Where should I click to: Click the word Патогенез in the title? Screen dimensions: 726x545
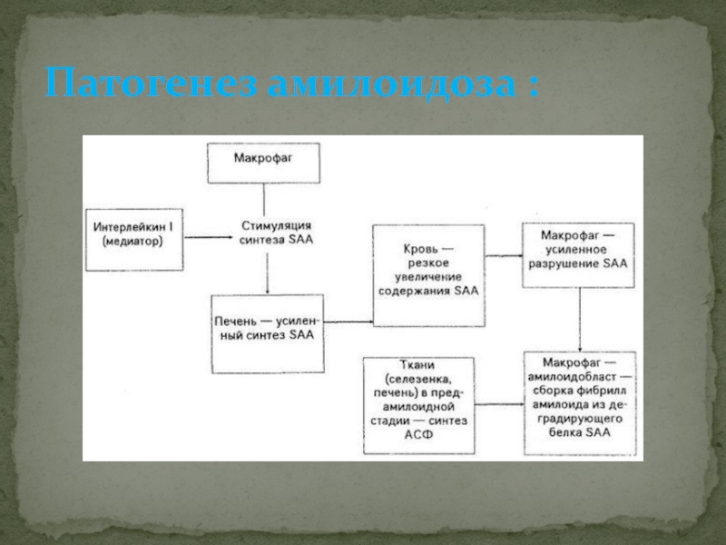(x=151, y=83)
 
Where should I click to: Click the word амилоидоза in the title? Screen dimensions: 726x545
(x=392, y=83)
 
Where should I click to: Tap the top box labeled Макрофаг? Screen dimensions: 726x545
(x=263, y=163)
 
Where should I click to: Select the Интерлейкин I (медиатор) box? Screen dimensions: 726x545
(x=134, y=240)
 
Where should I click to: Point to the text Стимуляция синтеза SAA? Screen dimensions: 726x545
(x=277, y=233)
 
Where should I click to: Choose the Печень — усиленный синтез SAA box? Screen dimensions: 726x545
(x=268, y=333)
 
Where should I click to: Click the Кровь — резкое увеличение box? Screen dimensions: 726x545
(x=428, y=276)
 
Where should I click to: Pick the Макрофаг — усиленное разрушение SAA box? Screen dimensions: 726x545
(x=578, y=255)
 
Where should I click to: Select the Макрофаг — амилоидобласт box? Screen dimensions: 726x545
(x=580, y=403)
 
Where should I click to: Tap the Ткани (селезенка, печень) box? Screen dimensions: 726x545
(x=419, y=405)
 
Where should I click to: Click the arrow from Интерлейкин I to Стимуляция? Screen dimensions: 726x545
(x=208, y=237)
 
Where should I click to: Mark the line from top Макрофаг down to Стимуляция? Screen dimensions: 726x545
(x=264, y=200)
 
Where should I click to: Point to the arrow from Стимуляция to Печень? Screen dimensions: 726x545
(x=267, y=273)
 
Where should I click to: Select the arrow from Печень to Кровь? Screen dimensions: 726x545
(x=348, y=322)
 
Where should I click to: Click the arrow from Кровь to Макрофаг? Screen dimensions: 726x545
(x=504, y=255)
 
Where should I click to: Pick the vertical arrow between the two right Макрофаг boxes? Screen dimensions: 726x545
(x=580, y=320)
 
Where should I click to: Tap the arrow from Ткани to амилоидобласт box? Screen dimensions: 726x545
(x=499, y=404)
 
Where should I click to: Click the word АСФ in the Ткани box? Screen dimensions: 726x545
(x=418, y=435)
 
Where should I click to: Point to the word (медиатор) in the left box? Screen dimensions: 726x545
(x=132, y=242)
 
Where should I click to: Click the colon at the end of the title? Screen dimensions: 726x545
(x=534, y=86)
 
